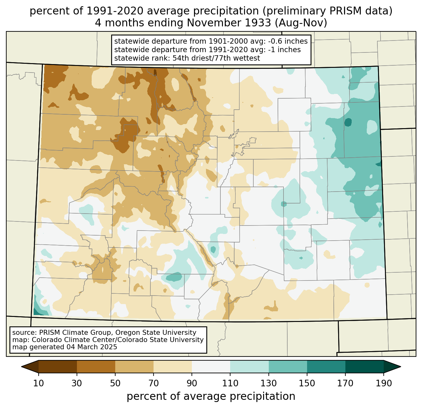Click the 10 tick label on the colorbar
pyautogui.click(x=39, y=383)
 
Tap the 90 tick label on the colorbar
pyautogui.click(x=192, y=383)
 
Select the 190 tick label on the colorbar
pyautogui.click(x=384, y=383)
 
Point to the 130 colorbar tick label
pyautogui.click(x=268, y=383)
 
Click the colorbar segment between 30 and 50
pyautogui.click(x=96, y=367)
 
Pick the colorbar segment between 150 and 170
pyautogui.click(x=326, y=367)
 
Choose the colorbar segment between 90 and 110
pyautogui.click(x=211, y=367)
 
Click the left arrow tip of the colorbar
pyautogui.click(x=21, y=367)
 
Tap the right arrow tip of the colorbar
pyautogui.click(x=401, y=367)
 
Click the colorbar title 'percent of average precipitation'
pyautogui.click(x=211, y=396)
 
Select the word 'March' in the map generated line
pyautogui.click(x=87, y=347)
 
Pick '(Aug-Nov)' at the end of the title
pyautogui.click(x=301, y=23)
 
